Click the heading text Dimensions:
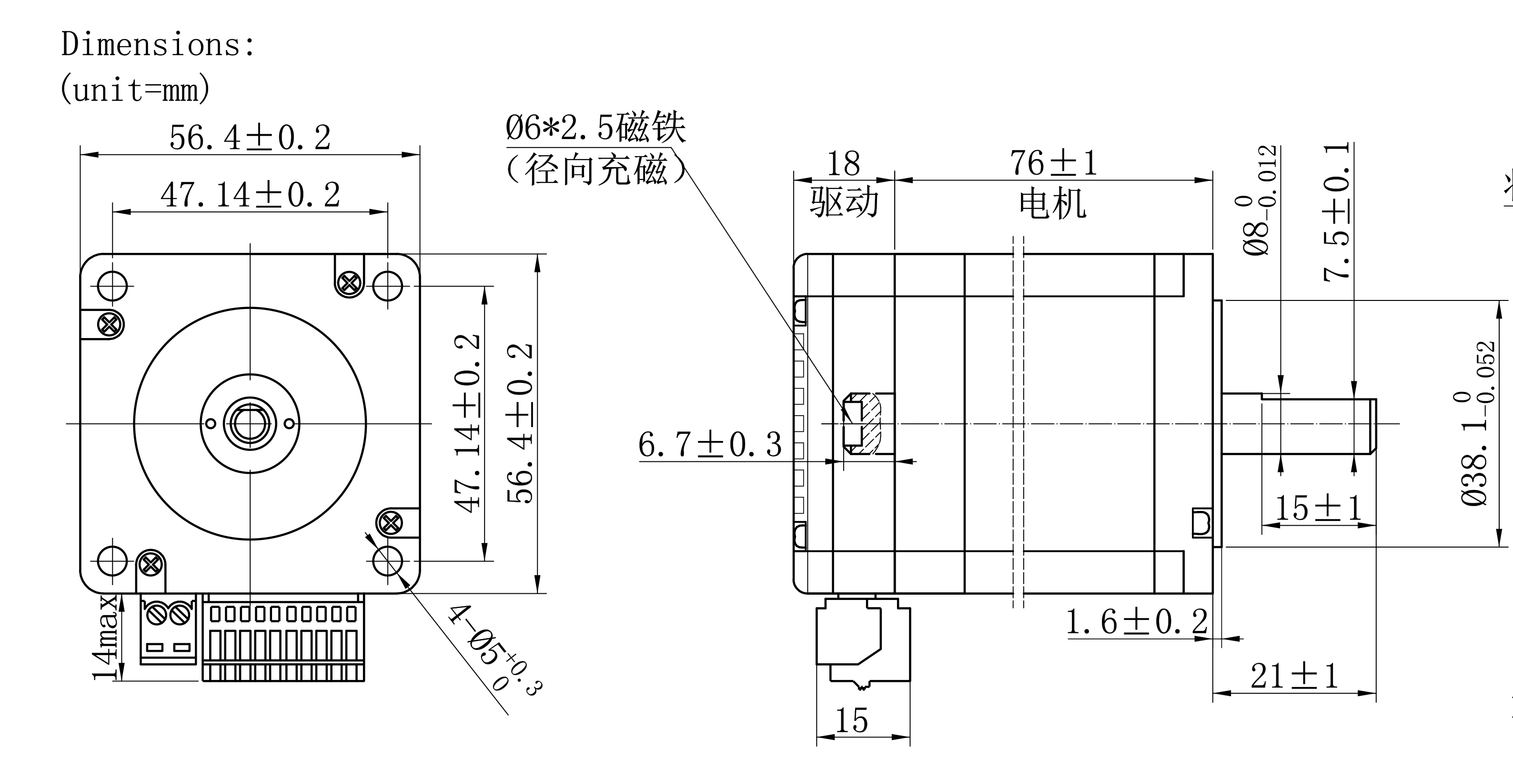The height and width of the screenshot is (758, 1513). (158, 45)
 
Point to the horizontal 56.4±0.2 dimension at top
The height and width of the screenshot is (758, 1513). (250, 139)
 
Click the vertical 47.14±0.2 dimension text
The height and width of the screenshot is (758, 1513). (468, 423)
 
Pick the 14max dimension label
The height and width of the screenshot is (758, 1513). (106, 637)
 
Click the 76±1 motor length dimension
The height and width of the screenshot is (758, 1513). (1053, 163)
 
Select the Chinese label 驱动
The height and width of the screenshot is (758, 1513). (844, 202)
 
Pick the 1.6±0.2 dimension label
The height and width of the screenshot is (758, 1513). (1137, 622)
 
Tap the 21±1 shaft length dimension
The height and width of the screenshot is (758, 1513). (1294, 677)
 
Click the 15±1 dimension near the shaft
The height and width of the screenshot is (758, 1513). (1317, 509)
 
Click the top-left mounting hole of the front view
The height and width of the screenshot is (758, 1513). (112, 286)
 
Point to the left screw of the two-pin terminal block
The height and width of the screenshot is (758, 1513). (156, 615)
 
